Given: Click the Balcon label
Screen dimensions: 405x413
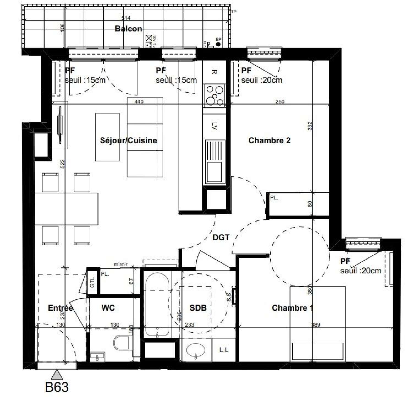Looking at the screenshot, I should tap(128, 29).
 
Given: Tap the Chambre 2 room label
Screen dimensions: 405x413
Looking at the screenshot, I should tap(269, 140).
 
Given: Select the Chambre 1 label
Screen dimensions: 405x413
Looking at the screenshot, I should tap(292, 308).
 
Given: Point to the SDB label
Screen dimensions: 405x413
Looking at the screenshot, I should tap(198, 308).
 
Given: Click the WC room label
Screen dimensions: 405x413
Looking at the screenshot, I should tap(108, 308).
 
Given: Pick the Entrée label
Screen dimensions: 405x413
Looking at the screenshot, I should tap(60, 308).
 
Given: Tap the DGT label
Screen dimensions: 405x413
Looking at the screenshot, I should tap(221, 238).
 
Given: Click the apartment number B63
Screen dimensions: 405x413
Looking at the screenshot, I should tap(57, 387).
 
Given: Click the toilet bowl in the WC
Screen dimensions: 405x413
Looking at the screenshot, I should tap(121, 343).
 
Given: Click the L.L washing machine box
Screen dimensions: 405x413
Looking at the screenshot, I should tap(224, 350).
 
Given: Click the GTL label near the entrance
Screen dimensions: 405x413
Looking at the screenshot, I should tap(92, 282).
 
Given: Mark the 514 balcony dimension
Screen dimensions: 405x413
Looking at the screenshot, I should tap(126, 18).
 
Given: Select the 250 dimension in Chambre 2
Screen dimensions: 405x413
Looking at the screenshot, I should tap(280, 102).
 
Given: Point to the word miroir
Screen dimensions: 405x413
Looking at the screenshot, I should tap(121, 265).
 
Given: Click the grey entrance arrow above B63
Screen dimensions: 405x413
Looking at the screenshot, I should tap(57, 375).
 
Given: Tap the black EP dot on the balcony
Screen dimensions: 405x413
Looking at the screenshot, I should tap(218, 44).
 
